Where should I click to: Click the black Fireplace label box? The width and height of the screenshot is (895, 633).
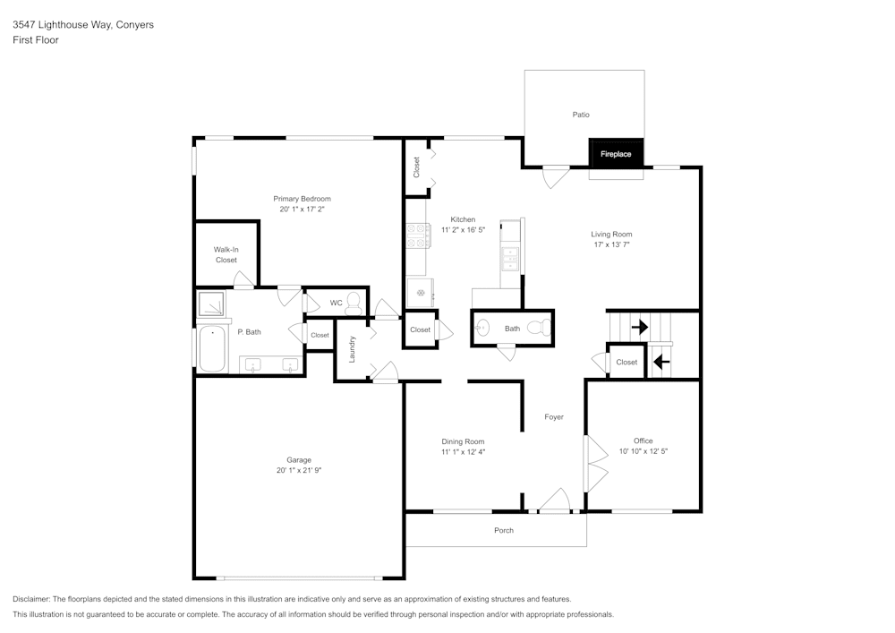pos(616,154)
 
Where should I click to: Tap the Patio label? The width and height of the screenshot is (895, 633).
pos(581,115)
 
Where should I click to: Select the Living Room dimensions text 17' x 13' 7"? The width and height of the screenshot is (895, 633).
pos(612,244)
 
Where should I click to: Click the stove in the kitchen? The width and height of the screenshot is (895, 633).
pos(416,235)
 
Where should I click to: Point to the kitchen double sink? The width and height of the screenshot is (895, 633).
pos(510,258)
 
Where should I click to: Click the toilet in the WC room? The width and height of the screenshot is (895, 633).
pos(354,302)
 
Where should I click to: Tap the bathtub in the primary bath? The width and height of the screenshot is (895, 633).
pos(212,349)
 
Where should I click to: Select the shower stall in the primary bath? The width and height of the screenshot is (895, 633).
pos(212,305)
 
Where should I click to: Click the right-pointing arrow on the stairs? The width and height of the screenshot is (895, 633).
pos(639,328)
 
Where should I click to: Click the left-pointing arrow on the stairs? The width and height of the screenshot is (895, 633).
pos(661,362)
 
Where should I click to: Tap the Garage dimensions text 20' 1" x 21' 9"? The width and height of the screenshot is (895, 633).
pos(299,470)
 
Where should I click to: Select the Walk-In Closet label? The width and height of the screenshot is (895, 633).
pos(226,254)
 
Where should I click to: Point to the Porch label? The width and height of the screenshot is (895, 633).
pos(504,530)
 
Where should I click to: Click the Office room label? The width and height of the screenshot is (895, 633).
pos(643,441)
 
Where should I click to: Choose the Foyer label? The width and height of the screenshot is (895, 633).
pos(554,416)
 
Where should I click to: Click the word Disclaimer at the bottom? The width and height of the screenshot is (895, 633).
pos(31,599)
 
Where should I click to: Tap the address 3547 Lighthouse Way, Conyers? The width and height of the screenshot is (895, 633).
pos(82,25)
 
